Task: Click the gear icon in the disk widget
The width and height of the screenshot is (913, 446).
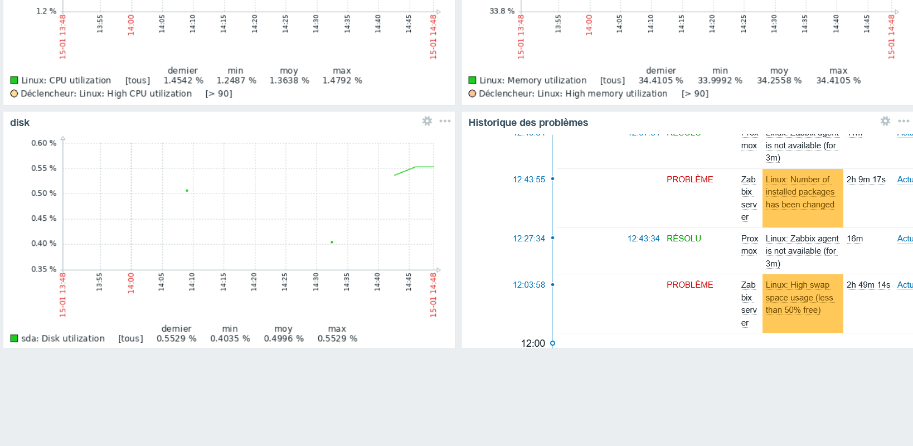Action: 427,121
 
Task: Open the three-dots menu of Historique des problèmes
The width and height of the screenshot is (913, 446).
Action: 904,121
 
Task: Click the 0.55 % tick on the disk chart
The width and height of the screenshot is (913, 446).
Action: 43,168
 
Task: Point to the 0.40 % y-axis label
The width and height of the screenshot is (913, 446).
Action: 43,244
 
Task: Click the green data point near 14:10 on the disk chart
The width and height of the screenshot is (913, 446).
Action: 187,191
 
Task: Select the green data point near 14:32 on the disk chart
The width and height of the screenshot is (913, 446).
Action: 332,242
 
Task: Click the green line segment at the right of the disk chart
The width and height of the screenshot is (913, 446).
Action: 412,168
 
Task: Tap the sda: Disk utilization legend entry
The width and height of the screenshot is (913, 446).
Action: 62,338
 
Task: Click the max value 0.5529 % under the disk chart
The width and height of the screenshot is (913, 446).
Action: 337,338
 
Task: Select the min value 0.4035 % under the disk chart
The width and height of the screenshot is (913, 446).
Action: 230,338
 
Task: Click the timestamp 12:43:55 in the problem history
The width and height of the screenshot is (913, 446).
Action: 528,180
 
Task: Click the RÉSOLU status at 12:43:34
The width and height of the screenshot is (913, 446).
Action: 683,239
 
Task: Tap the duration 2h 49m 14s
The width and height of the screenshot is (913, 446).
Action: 868,285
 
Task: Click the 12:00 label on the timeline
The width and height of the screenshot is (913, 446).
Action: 532,343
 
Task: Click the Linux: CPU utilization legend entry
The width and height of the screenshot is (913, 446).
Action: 66,80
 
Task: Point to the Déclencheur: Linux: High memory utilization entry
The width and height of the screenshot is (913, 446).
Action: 572,94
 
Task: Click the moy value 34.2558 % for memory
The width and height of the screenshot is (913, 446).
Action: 779,80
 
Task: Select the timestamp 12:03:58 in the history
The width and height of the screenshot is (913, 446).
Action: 528,285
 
